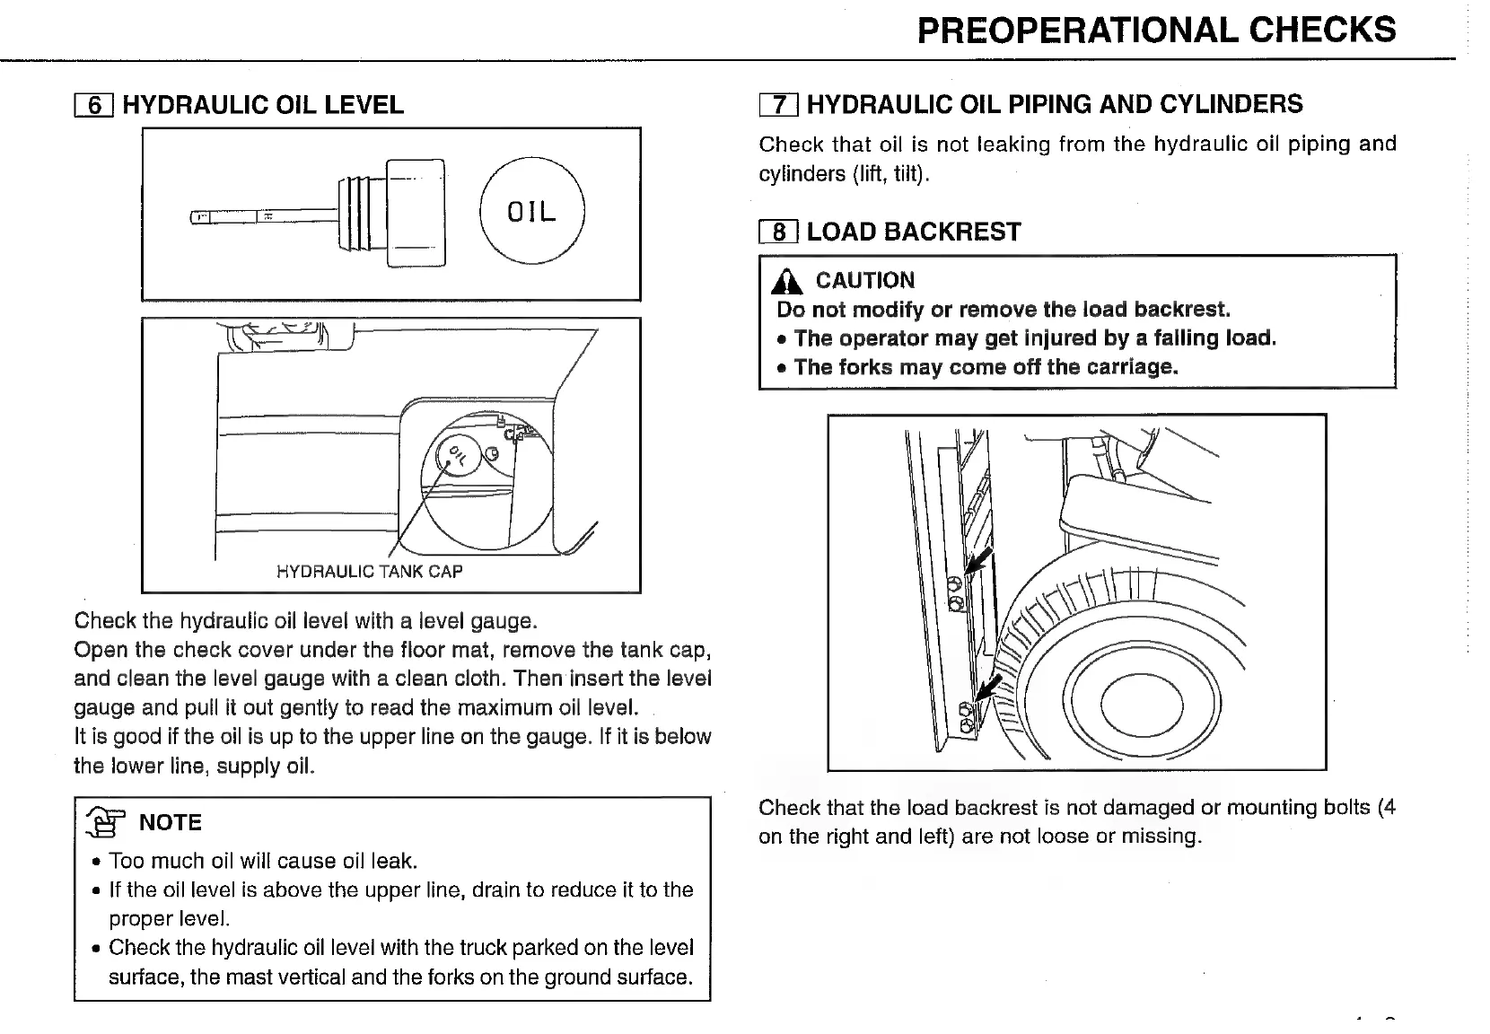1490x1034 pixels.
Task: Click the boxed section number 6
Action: (93, 106)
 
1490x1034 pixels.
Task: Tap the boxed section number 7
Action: (778, 105)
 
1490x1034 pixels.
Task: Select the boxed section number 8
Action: (778, 232)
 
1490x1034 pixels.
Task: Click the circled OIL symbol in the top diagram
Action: (532, 211)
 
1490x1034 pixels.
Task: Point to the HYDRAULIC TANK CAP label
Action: (369, 572)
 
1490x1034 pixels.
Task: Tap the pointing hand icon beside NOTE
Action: (104, 822)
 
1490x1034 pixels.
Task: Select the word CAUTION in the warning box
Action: (864, 281)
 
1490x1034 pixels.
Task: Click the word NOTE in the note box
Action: (171, 822)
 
